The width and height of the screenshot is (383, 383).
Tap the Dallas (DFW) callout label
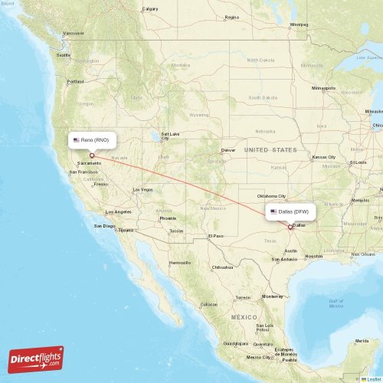(290, 211)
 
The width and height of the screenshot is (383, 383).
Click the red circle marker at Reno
(92, 155)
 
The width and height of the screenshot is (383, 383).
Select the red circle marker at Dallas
(290, 226)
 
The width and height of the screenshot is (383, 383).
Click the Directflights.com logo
(37, 358)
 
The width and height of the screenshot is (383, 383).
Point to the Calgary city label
(150, 9)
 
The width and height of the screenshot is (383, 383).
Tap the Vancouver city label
(74, 34)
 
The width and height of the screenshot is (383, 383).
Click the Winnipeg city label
(299, 25)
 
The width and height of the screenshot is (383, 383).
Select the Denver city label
(228, 150)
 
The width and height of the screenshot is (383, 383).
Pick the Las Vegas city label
(142, 189)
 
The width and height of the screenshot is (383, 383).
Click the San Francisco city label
(84, 172)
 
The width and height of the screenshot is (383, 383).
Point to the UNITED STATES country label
(270, 150)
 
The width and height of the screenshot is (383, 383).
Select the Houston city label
(314, 256)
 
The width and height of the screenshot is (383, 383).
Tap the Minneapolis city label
(324, 89)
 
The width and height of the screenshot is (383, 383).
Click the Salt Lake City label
(170, 136)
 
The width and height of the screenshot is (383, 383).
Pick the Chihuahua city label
(223, 267)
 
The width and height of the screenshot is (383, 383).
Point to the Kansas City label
(322, 157)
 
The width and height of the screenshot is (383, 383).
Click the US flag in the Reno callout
(76, 140)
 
